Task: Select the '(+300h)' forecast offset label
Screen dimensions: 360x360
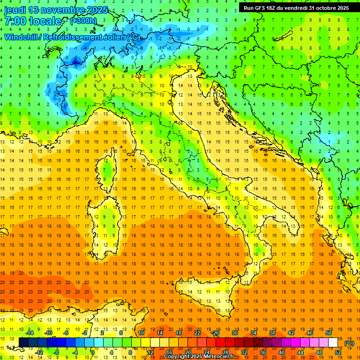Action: click(83, 21)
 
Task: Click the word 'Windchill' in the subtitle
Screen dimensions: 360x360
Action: click(21, 37)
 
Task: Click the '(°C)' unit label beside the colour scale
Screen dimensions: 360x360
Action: click(349, 343)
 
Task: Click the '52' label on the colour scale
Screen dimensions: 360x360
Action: click(338, 352)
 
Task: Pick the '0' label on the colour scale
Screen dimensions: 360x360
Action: click(92, 352)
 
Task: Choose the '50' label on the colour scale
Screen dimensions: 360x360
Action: click(329, 333)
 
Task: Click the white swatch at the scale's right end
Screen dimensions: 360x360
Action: click(333, 343)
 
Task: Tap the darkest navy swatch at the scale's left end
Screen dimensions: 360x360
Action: click(23, 343)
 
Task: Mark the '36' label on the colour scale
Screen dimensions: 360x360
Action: click(262, 352)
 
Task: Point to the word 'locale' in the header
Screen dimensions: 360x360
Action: click(45, 21)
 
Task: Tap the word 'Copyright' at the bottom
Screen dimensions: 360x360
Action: click(179, 357)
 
